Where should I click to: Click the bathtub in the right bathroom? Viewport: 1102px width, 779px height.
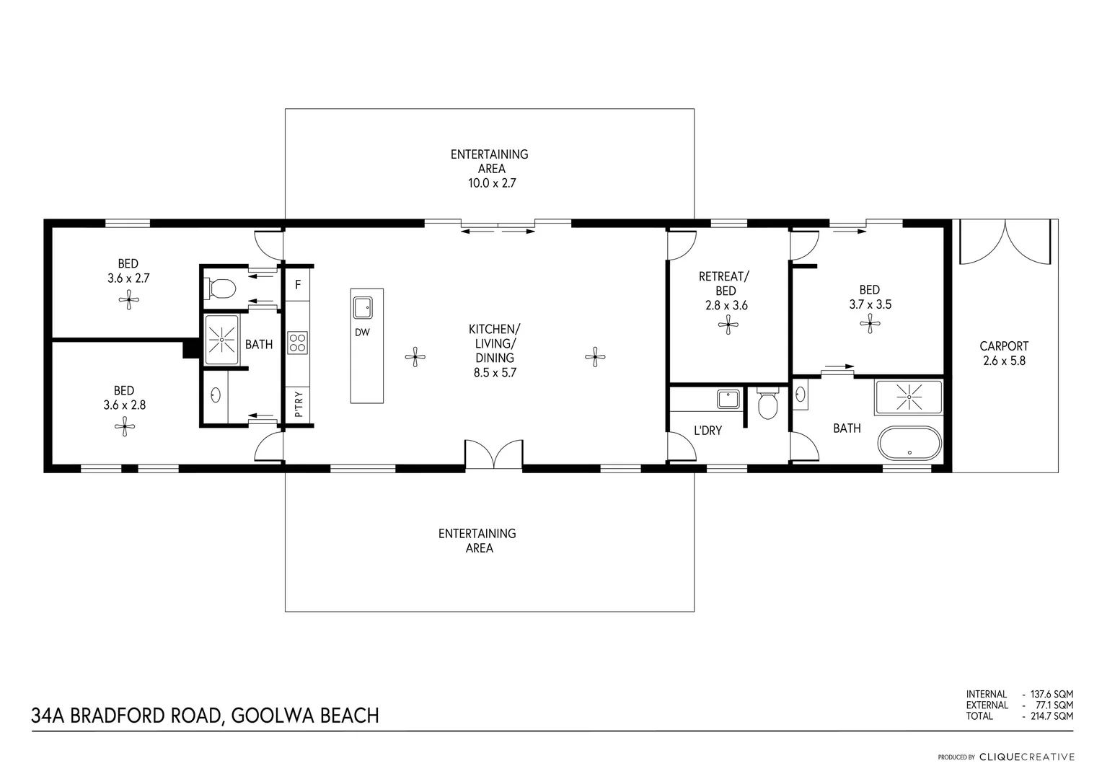[909, 442]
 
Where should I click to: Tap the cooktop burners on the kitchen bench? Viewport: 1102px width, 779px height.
[297, 343]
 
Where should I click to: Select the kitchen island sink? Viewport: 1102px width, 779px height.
[362, 308]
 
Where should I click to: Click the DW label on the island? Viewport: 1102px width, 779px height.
[362, 333]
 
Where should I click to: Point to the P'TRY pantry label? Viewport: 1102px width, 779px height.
[298, 404]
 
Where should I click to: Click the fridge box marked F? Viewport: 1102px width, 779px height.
[297, 285]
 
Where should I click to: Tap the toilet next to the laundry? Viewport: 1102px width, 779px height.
[769, 405]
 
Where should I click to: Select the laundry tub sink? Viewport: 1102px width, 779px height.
[728, 399]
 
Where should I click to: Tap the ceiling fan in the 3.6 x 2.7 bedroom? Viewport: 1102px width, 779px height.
[129, 299]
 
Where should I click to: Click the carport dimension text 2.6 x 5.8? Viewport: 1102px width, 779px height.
[1003, 361]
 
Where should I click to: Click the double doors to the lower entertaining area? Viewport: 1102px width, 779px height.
[493, 454]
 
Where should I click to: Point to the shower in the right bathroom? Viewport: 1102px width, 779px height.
[908, 397]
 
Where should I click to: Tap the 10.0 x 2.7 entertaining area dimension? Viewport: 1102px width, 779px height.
[492, 183]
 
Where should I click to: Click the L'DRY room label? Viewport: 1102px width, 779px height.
[708, 431]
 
